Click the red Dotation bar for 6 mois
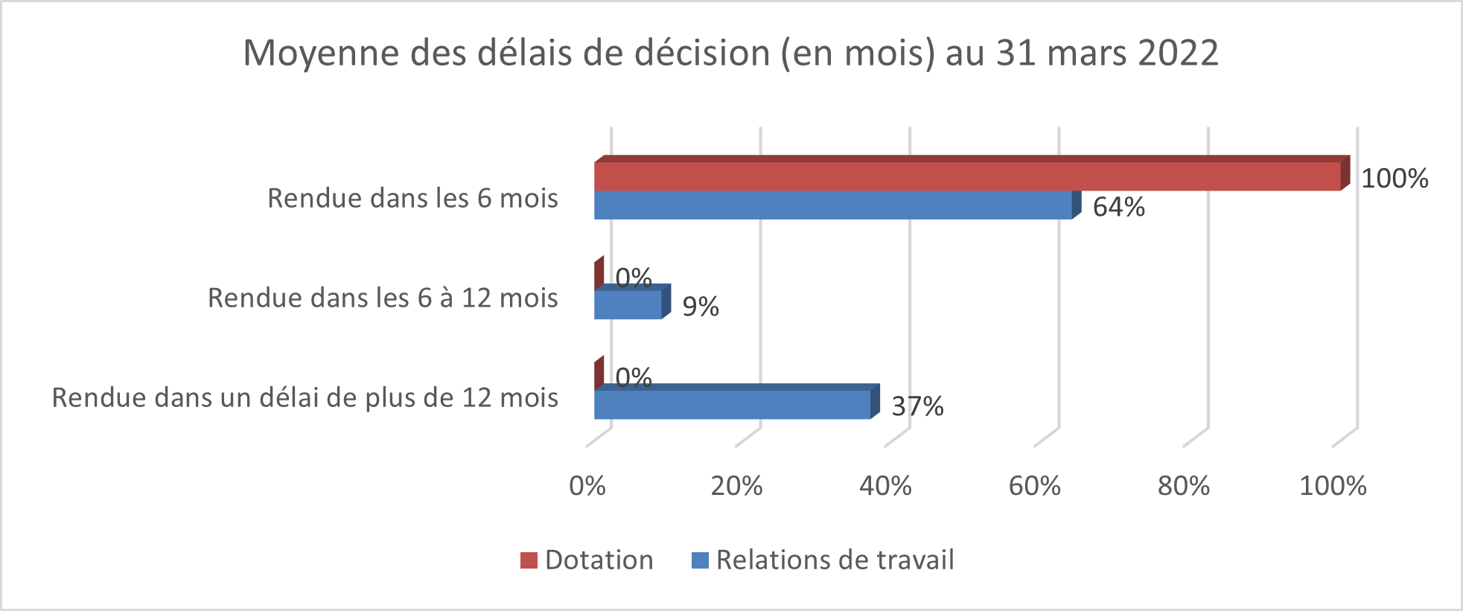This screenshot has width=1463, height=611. [968, 176]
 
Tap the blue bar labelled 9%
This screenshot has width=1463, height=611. [628, 304]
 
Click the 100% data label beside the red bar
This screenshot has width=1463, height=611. [1395, 179]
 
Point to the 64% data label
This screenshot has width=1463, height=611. [1118, 207]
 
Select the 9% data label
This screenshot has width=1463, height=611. [701, 307]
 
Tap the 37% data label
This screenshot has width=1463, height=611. [917, 406]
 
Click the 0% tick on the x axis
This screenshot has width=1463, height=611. [587, 486]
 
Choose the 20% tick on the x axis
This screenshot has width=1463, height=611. [736, 486]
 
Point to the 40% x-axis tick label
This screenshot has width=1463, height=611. [885, 486]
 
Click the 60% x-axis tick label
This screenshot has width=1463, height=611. [1034, 486]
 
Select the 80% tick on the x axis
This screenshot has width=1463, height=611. [1183, 486]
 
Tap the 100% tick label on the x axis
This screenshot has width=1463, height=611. [1333, 486]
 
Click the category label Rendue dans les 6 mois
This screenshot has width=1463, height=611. [412, 198]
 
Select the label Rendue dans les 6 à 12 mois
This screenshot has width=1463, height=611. [383, 298]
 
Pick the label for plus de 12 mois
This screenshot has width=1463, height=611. [305, 397]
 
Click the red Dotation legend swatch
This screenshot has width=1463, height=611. [529, 560]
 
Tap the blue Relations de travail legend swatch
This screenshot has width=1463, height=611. [700, 560]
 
